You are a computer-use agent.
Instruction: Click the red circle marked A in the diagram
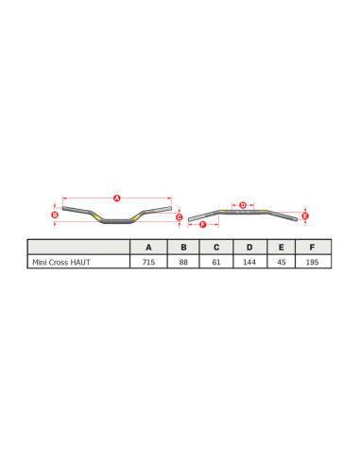click(x=117, y=198)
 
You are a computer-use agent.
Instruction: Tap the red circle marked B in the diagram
click(x=55, y=215)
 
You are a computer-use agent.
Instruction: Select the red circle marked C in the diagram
click(x=179, y=216)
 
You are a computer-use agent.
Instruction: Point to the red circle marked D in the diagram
click(x=243, y=204)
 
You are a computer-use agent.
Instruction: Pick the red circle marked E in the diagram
click(x=305, y=215)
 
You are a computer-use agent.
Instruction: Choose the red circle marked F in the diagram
click(x=203, y=224)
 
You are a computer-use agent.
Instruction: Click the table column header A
click(x=148, y=247)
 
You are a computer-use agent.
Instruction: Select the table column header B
click(x=183, y=247)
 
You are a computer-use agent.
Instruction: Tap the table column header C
click(x=216, y=247)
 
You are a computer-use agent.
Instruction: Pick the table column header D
click(x=249, y=247)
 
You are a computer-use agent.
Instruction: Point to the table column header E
click(x=282, y=247)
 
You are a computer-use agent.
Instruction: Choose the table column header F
click(x=312, y=247)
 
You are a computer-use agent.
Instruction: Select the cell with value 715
click(x=148, y=262)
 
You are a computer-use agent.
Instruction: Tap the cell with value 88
click(x=183, y=262)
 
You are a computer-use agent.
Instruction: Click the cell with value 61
click(x=216, y=262)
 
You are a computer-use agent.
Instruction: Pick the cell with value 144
click(x=249, y=262)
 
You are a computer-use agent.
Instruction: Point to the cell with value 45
click(x=282, y=262)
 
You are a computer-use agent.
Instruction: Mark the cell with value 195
click(x=312, y=262)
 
